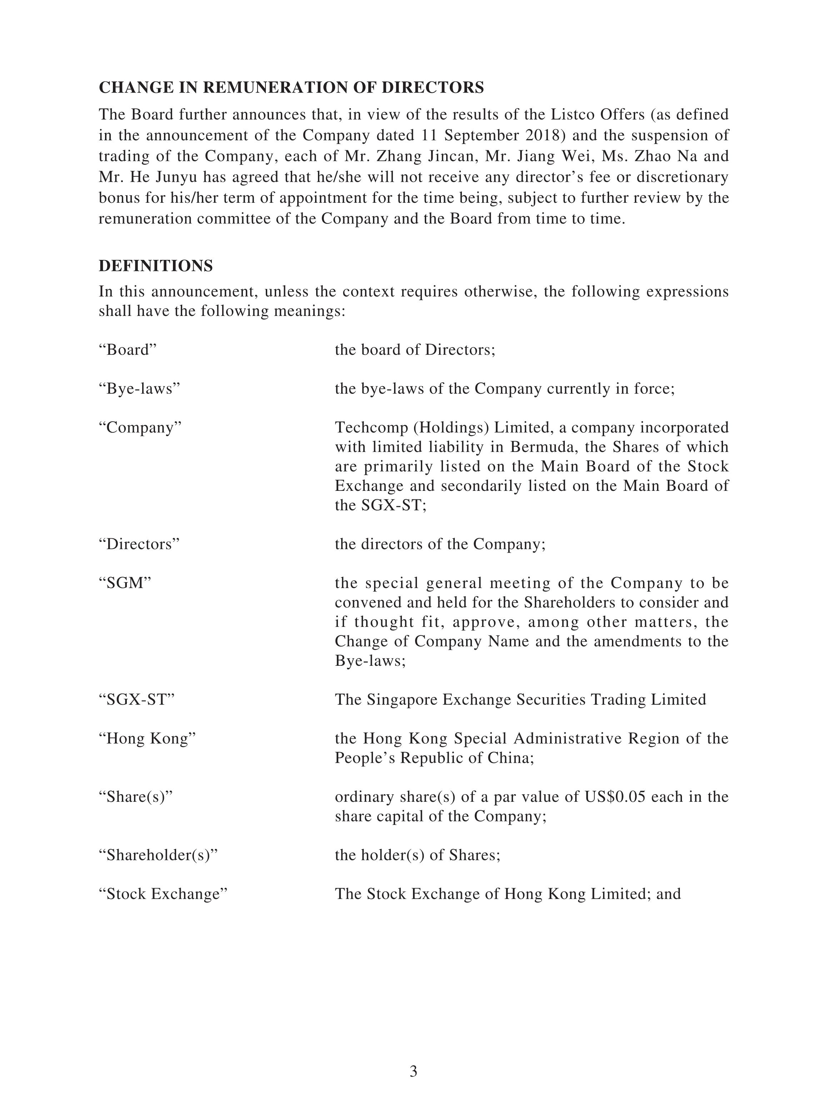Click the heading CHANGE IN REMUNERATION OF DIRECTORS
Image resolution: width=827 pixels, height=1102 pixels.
click(x=291, y=88)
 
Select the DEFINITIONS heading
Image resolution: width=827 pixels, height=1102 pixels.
click(x=155, y=266)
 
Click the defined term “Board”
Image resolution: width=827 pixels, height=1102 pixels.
click(x=128, y=350)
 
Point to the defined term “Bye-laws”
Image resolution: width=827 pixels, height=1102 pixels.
click(x=139, y=389)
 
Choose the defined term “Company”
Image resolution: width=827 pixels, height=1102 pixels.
click(x=140, y=427)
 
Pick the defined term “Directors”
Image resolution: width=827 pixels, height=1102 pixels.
click(x=139, y=544)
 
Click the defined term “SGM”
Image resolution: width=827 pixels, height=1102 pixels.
click(x=125, y=583)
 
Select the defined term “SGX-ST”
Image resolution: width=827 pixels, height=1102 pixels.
click(x=136, y=699)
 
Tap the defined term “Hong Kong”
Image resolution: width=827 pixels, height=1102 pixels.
click(x=147, y=738)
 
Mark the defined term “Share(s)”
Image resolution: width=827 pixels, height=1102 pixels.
click(x=136, y=797)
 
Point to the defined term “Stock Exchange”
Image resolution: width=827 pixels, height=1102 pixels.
click(x=163, y=894)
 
